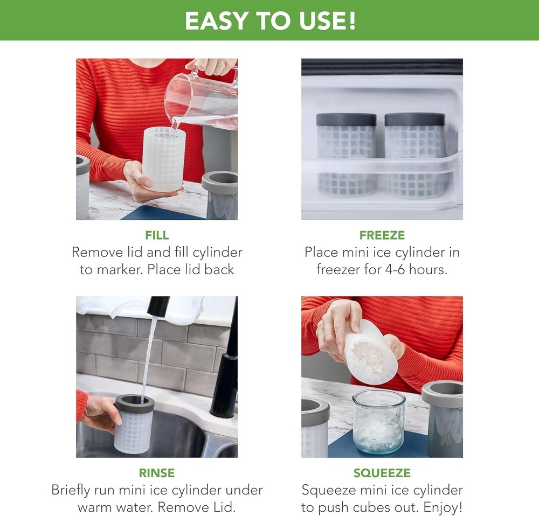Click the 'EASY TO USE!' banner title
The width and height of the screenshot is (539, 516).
coord(269,20)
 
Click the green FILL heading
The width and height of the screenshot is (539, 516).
coord(157,235)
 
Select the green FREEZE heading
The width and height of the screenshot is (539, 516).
coord(382,235)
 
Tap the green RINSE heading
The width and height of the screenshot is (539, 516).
coord(157,473)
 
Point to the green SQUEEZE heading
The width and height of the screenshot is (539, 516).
coord(382,473)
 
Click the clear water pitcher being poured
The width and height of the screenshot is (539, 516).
coord(199,100)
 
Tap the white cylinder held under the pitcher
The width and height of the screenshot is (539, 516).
coord(164,159)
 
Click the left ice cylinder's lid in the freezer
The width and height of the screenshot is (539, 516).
coord(346,119)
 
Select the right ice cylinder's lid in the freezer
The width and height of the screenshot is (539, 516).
coord(414,119)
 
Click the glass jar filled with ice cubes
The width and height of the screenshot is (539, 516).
coord(378,421)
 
